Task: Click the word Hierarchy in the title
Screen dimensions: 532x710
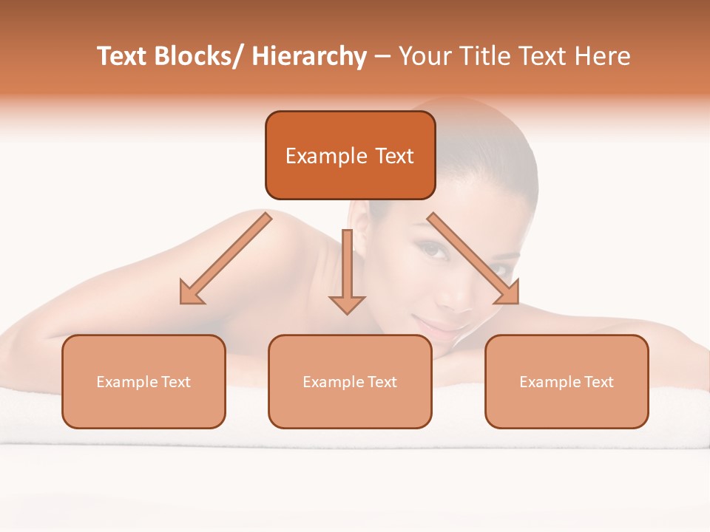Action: (x=308, y=57)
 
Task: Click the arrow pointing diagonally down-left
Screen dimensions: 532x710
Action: (x=226, y=259)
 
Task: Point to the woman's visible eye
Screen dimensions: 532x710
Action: (x=436, y=251)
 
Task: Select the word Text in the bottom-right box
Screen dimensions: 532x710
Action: (x=599, y=382)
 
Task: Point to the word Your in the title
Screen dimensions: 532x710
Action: (x=424, y=57)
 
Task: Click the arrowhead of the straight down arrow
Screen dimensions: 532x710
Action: (x=347, y=304)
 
